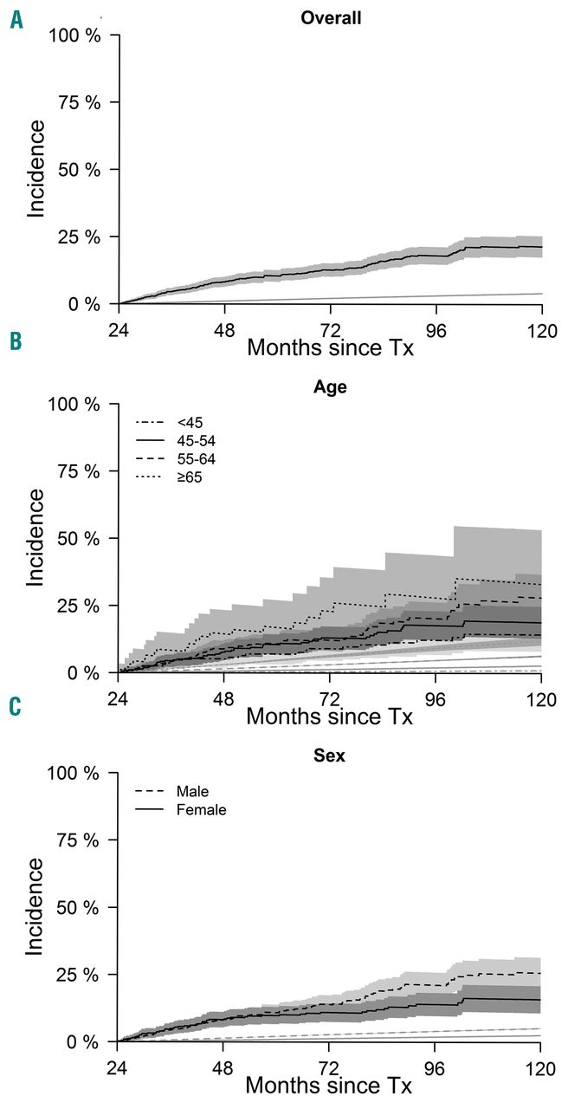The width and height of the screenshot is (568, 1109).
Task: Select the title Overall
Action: point(326,17)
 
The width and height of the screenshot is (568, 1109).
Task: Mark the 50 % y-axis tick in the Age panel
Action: point(85,538)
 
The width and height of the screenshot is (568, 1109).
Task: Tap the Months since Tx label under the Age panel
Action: point(330,717)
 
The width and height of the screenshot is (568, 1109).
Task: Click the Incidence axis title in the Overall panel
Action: point(37,169)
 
